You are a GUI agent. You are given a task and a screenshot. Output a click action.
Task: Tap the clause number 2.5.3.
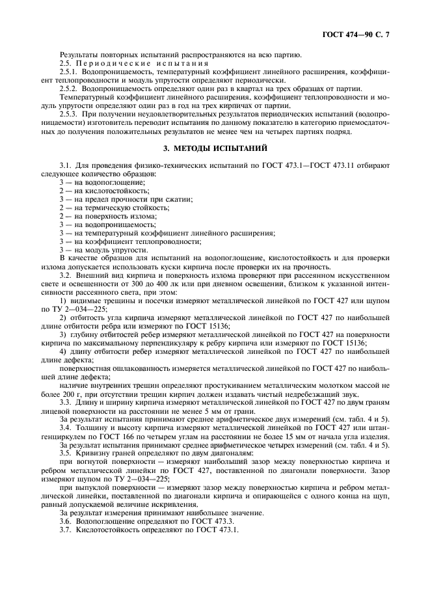(68, 113)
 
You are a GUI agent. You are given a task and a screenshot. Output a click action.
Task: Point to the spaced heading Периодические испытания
(141, 63)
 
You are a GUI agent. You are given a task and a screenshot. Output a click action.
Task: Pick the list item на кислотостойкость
(108, 191)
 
